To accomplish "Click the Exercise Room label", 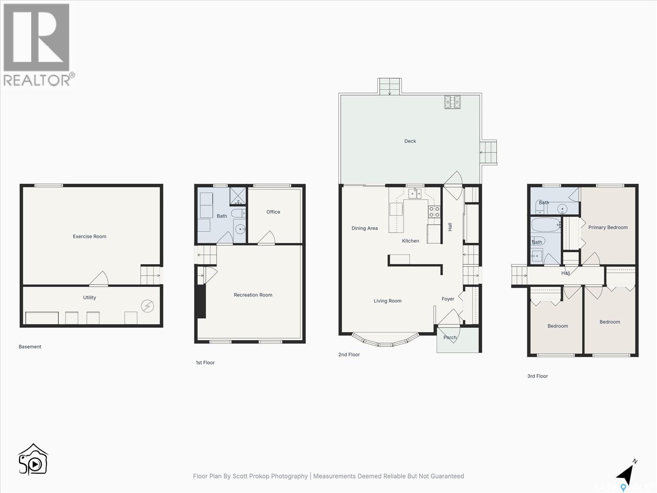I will click(90, 236).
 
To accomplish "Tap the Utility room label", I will click(90, 297).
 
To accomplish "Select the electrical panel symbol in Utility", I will click(147, 306).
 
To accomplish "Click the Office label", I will click(273, 212).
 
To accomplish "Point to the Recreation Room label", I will click(253, 295).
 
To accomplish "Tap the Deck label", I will click(410, 141).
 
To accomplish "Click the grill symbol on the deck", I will click(453, 102).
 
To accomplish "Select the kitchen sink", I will click(415, 193).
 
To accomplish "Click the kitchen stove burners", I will click(434, 212).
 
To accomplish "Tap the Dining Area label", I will click(365, 228).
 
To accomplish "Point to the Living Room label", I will click(388, 301).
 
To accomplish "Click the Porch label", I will click(450, 338).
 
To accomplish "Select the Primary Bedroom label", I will click(608, 227).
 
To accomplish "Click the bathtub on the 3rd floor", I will click(545, 225).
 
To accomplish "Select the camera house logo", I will click(33, 460).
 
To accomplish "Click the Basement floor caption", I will click(30, 347).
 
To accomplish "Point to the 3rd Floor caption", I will click(538, 376).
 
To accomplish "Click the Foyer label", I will click(448, 299).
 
